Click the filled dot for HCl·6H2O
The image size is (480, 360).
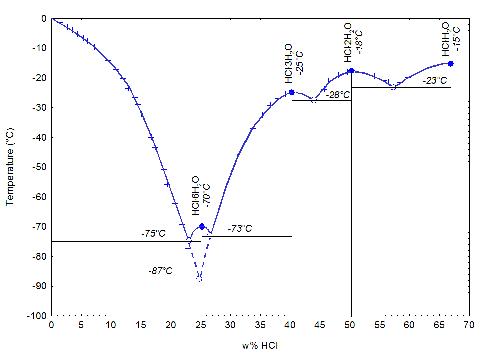tap(202, 226)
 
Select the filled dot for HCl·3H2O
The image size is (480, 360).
tap(292, 92)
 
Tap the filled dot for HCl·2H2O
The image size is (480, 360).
tap(351, 71)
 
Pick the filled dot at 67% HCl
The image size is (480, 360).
tap(451, 64)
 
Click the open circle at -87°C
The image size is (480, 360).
tap(199, 279)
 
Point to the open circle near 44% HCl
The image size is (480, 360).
tap(314, 100)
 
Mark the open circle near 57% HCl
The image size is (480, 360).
tap(393, 87)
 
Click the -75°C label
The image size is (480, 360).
tap(153, 234)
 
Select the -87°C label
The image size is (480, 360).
tap(160, 271)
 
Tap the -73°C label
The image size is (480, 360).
tap(240, 229)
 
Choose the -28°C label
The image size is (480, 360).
tap(337, 94)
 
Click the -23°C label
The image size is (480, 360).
tap(434, 80)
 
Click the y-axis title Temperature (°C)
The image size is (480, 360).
tap(9, 167)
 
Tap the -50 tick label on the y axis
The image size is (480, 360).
tap(39, 167)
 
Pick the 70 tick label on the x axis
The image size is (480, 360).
tap(469, 325)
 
